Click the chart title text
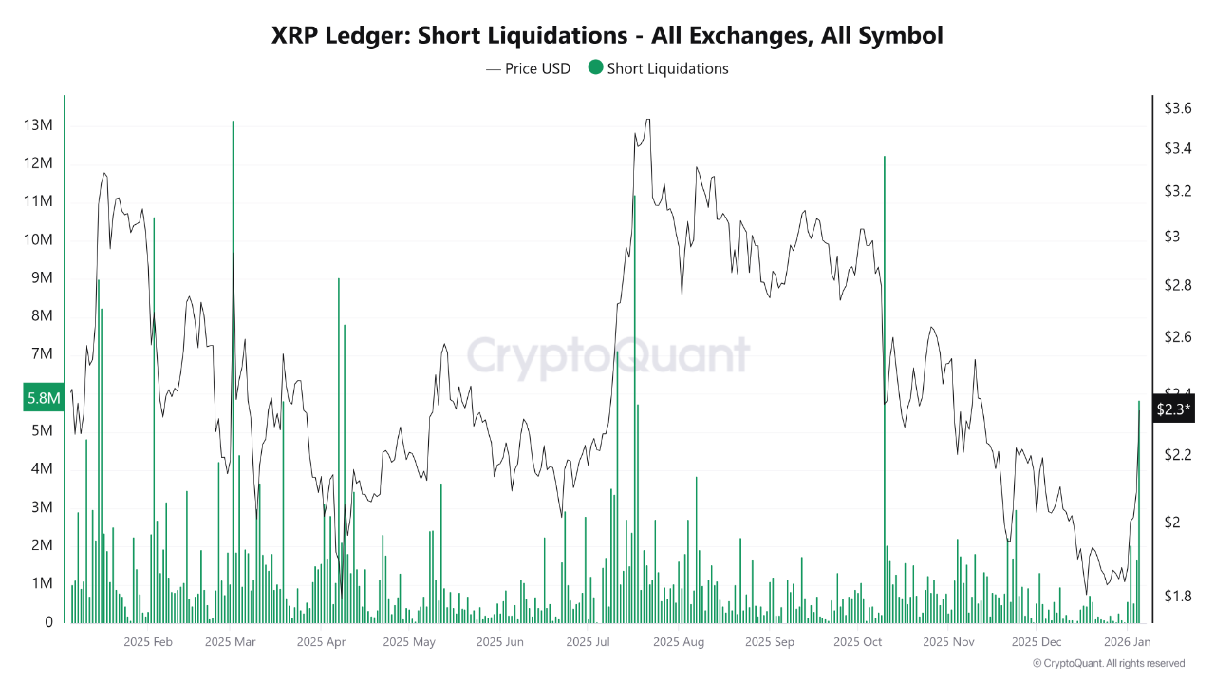(607, 36)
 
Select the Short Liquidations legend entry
(658, 68)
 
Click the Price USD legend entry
(529, 68)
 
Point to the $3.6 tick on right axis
(1178, 108)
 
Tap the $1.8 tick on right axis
(1178, 597)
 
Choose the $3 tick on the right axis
(1172, 237)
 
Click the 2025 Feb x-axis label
(148, 642)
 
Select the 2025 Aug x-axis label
(679, 642)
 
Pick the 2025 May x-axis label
(409, 642)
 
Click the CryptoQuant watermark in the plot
(607, 356)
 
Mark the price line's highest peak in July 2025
(647, 120)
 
